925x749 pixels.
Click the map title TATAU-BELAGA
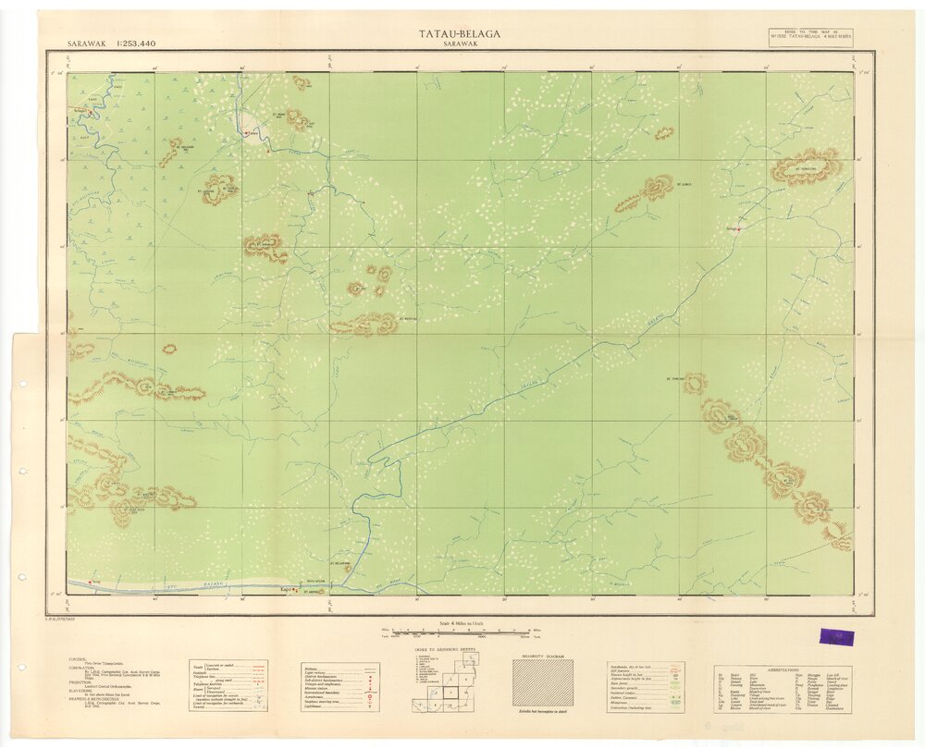[460, 34]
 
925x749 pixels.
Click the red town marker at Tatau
[246, 133]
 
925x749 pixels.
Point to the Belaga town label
[731, 224]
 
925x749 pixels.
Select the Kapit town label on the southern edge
[286, 588]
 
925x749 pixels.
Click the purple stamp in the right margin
[830, 636]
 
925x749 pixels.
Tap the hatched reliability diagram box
[543, 682]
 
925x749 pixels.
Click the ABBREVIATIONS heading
[787, 666]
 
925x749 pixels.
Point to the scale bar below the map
[459, 632]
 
